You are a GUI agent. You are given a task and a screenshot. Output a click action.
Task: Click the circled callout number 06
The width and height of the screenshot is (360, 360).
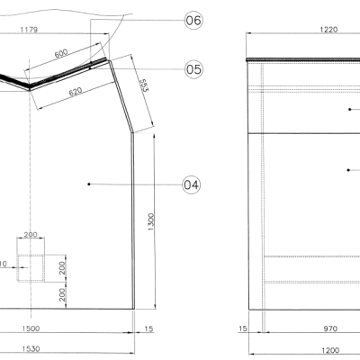coord(193,21)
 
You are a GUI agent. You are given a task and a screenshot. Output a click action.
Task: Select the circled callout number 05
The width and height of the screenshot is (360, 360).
coord(193,68)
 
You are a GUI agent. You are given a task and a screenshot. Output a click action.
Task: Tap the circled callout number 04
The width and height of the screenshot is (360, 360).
coord(191,184)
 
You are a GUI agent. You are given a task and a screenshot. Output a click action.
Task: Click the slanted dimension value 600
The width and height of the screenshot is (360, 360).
coord(61,55)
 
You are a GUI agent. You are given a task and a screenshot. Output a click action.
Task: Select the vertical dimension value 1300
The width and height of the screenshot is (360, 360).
coord(150,220)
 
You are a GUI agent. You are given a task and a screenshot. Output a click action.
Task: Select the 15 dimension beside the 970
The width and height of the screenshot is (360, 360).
coord(243,329)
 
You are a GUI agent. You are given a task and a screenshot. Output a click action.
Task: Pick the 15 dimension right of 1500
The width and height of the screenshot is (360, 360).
coord(148,329)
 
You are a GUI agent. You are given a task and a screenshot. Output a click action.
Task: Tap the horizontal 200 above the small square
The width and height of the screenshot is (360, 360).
coord(31,235)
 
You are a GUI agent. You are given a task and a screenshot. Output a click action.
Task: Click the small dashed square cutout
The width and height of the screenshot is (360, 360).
coord(31,266)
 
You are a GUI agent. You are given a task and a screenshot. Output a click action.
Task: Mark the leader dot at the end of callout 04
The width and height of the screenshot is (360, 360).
coord(89,184)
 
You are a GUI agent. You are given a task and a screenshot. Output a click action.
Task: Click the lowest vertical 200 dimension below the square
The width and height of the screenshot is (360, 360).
coord(63,293)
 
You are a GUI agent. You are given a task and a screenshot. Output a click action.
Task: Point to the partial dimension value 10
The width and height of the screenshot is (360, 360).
coord(4,265)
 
